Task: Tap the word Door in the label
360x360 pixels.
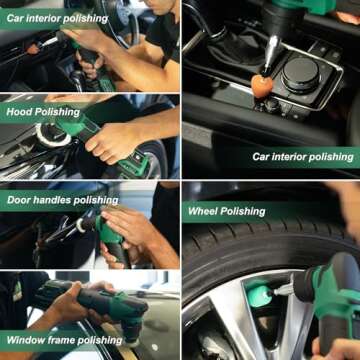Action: pyautogui.click(x=21, y=200)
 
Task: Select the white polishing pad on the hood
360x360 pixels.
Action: pyautogui.click(x=52, y=134)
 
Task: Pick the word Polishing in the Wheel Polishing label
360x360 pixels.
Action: pyautogui.click(x=245, y=211)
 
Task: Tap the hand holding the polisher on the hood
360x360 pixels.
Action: pyautogui.click(x=110, y=140)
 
